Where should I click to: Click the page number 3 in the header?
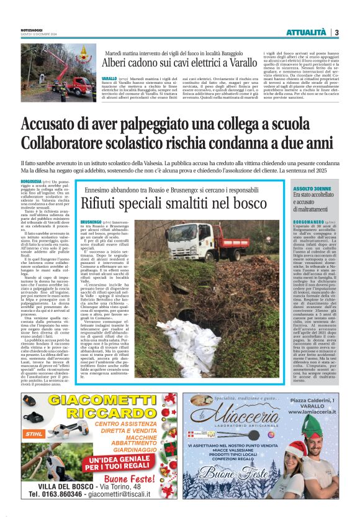(x=336, y=32)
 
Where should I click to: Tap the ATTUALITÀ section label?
(x=305, y=32)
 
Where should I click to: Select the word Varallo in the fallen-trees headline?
(x=238, y=63)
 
